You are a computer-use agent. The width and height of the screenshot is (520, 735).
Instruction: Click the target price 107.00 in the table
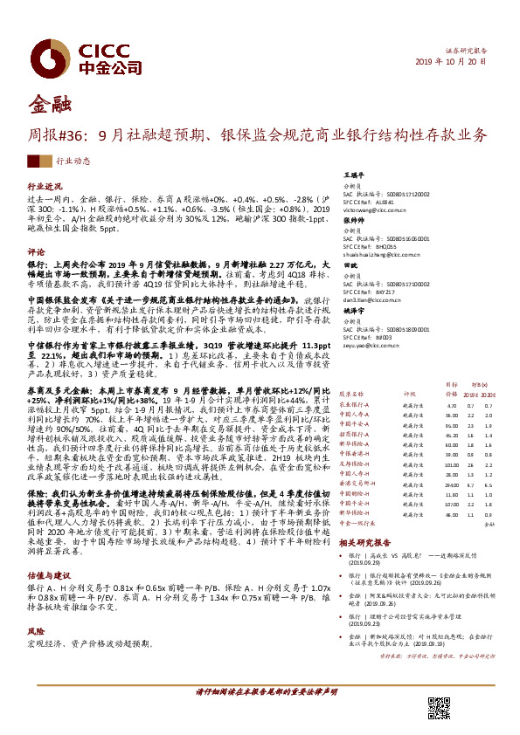pos(452,504)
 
